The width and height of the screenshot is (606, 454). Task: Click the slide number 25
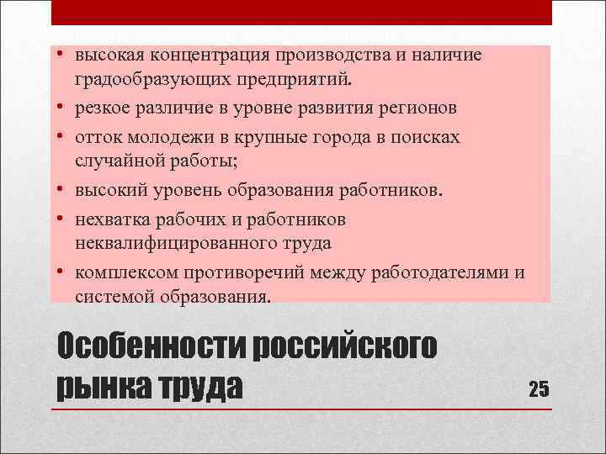click(539, 388)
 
